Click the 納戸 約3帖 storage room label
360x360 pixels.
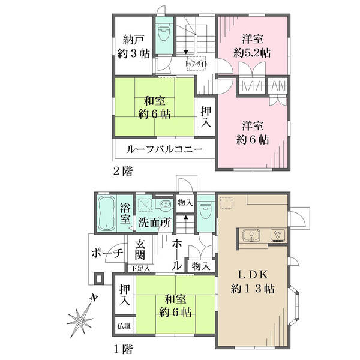(x=133, y=47)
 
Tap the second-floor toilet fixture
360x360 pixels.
(x=164, y=32)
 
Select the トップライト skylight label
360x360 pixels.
(x=196, y=64)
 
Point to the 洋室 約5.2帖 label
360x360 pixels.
(x=252, y=46)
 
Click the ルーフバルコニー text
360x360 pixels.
(x=164, y=149)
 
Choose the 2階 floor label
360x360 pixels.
(x=123, y=171)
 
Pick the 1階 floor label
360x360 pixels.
(x=123, y=349)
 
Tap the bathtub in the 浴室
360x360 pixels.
(x=106, y=213)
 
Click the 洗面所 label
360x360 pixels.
(x=155, y=223)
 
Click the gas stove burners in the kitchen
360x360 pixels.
(x=278, y=235)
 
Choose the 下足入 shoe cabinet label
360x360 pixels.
(x=140, y=268)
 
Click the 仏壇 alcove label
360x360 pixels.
(x=124, y=326)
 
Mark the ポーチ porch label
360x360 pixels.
(x=107, y=253)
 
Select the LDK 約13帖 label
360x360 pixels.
(x=253, y=281)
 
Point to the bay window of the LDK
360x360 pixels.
(x=295, y=305)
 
